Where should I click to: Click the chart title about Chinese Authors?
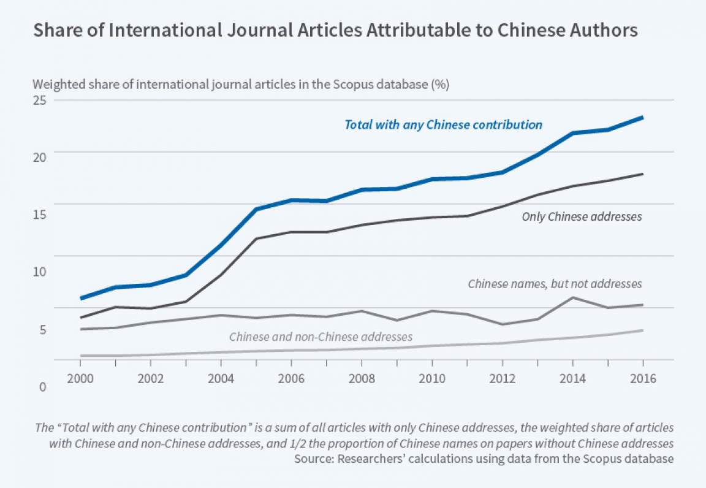pos(335,31)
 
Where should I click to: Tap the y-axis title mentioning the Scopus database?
pos(241,85)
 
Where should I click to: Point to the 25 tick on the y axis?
pos(40,100)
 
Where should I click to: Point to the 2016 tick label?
pos(642,379)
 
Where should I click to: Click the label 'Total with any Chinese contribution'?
pos(443,125)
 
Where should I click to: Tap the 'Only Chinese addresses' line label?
pos(582,216)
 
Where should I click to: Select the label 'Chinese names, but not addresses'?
pos(555,284)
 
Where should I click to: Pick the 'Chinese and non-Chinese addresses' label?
pos(321,337)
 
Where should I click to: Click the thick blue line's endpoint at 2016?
pos(642,117)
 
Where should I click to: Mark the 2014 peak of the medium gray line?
pos(572,298)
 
